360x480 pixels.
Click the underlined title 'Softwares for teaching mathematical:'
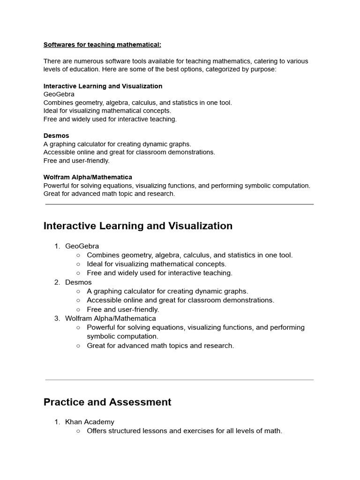coord(102,45)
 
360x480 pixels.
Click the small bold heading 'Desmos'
coord(56,136)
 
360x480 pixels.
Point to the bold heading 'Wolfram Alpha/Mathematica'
coord(88,177)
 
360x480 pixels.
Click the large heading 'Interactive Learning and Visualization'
coord(138,226)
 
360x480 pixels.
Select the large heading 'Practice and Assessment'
coord(107,402)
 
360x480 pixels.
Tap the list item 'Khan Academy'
coord(90,422)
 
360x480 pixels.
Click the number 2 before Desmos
coord(57,282)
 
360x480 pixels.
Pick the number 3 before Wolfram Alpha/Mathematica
coord(57,318)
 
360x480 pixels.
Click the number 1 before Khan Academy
coord(57,422)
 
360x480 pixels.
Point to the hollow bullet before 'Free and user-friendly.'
coord(78,309)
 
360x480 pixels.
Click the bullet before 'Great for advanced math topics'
coord(78,345)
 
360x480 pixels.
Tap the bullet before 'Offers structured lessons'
coord(78,431)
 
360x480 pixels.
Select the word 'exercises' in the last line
coord(199,431)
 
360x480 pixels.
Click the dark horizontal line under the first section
coord(180,204)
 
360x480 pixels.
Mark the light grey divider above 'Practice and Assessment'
coord(180,380)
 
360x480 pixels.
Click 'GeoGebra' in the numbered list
coord(82,246)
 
